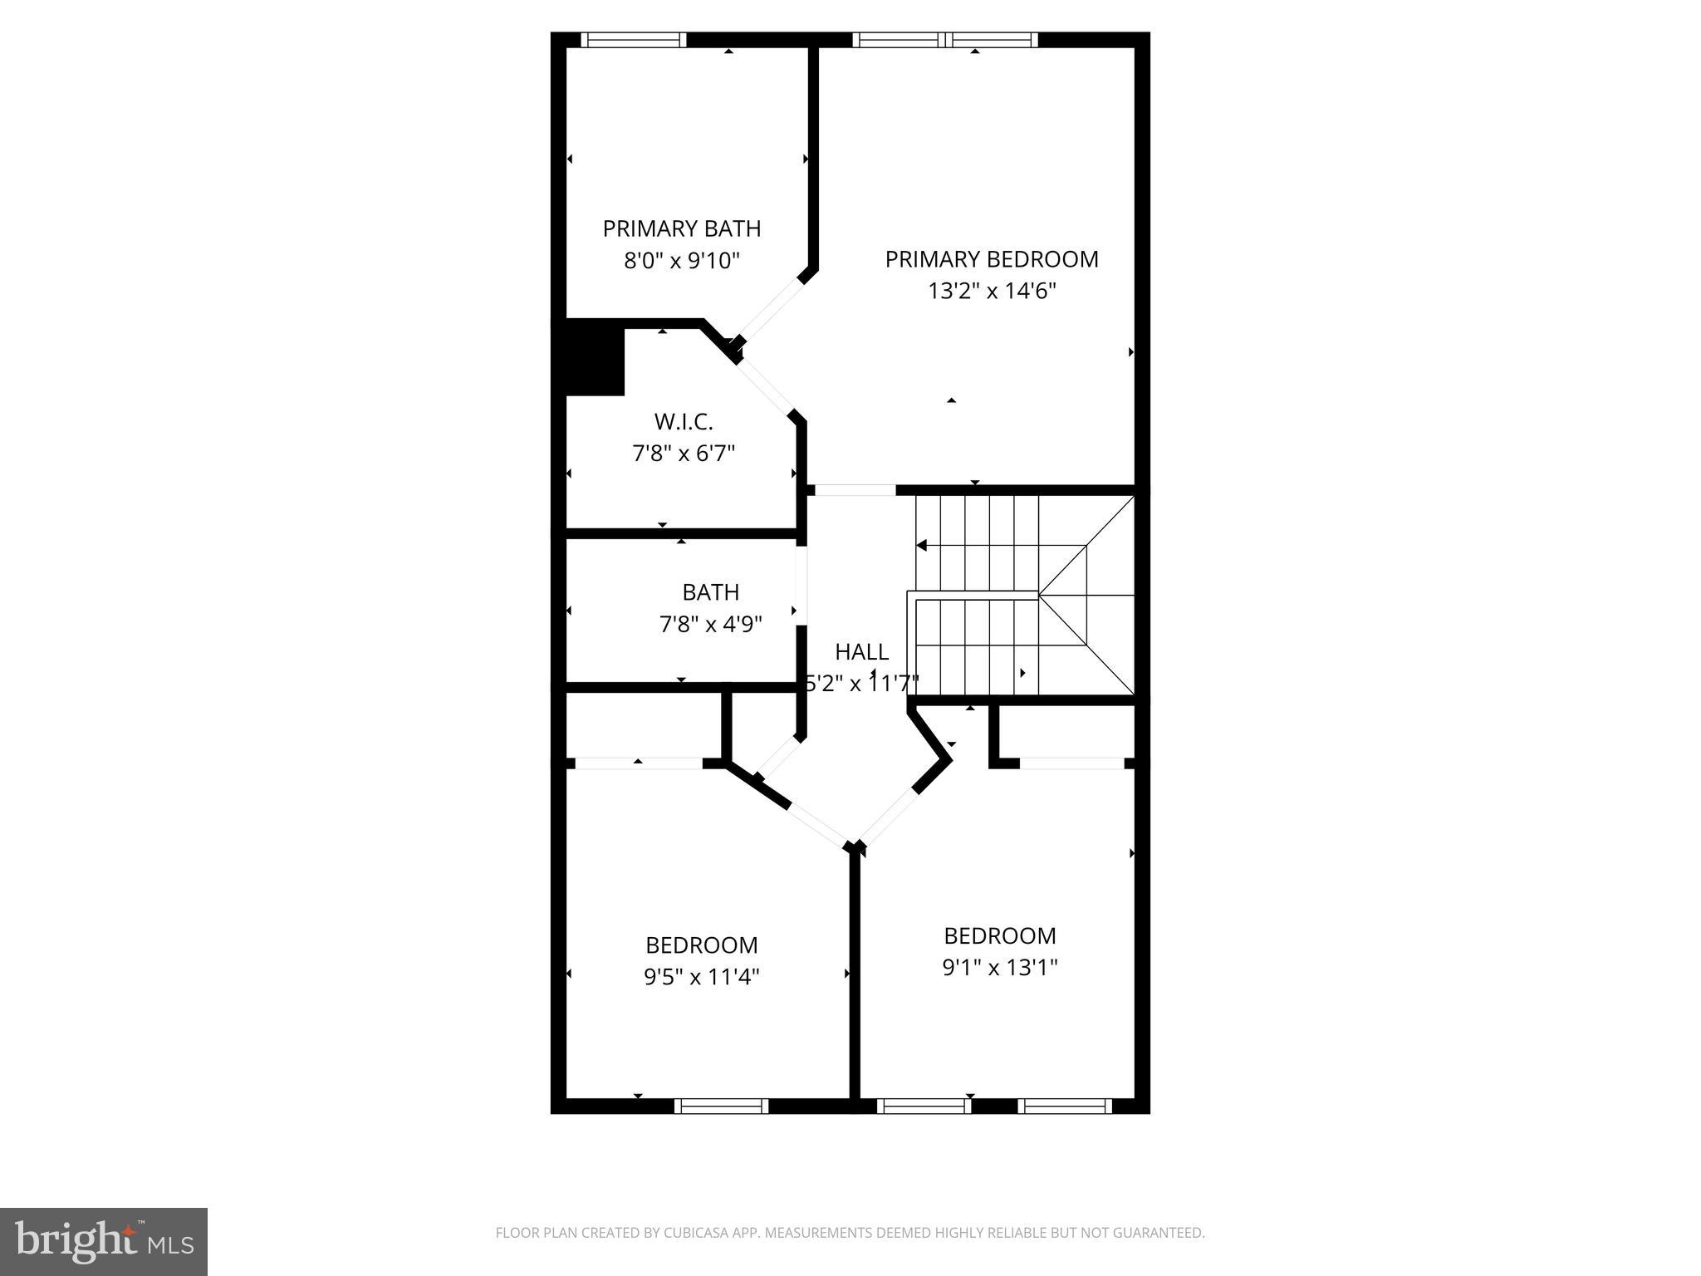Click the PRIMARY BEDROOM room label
(991, 259)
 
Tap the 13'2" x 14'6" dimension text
(991, 291)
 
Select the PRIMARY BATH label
(681, 228)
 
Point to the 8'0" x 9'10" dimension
(681, 261)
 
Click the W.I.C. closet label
(683, 422)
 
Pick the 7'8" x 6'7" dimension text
(683, 454)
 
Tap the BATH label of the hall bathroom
(710, 592)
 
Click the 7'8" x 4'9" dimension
(710, 624)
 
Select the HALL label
(861, 652)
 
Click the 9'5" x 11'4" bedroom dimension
(701, 977)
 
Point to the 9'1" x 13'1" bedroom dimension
(999, 968)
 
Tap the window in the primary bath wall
(633, 40)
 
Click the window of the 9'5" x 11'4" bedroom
(721, 1106)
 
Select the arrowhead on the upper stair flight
(922, 546)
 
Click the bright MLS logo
(104, 1242)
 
